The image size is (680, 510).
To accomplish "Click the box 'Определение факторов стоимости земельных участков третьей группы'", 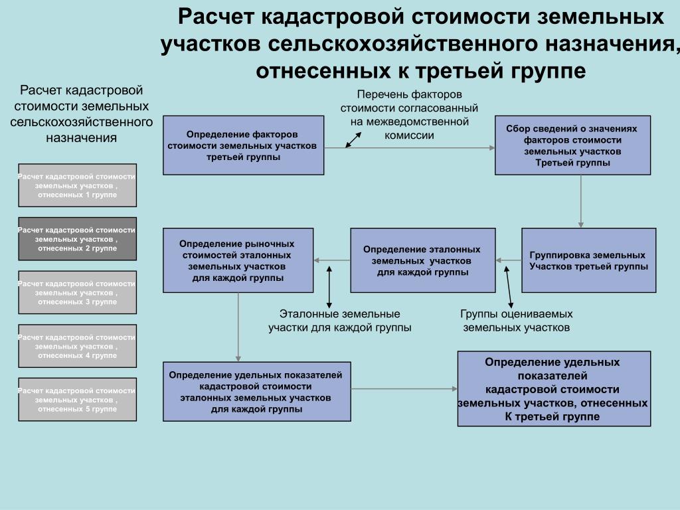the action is (243, 145).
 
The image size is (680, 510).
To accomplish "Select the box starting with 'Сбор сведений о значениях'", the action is (572, 145).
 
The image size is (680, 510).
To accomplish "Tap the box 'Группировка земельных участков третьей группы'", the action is (588, 260).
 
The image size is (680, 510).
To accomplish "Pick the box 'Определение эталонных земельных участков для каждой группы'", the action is (423, 260).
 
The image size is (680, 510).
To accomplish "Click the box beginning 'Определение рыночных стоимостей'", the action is (238, 260).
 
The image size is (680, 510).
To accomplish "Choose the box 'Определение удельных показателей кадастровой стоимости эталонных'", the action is (257, 392).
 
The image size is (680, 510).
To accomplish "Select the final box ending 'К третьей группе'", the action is (554, 389).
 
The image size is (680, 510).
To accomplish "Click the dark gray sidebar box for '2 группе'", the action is (77, 239).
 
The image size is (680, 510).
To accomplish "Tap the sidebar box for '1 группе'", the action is (77, 185).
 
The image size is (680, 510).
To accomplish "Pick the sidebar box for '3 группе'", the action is (77, 292).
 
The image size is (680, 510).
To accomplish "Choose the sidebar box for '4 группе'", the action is (77, 346).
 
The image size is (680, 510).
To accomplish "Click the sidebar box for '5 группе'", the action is (77, 399).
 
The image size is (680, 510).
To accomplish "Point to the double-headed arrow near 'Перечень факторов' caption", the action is (353, 140).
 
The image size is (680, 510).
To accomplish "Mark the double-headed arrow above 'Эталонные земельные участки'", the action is (329, 287).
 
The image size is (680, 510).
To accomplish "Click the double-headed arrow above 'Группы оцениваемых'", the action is (508, 287).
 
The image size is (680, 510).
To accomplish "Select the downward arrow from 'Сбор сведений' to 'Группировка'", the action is (580, 202).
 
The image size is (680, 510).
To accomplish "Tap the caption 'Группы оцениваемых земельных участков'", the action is (516, 321).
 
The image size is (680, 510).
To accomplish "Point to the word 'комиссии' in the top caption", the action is (409, 135).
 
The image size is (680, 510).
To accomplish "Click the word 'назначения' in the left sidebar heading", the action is (82, 138).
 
